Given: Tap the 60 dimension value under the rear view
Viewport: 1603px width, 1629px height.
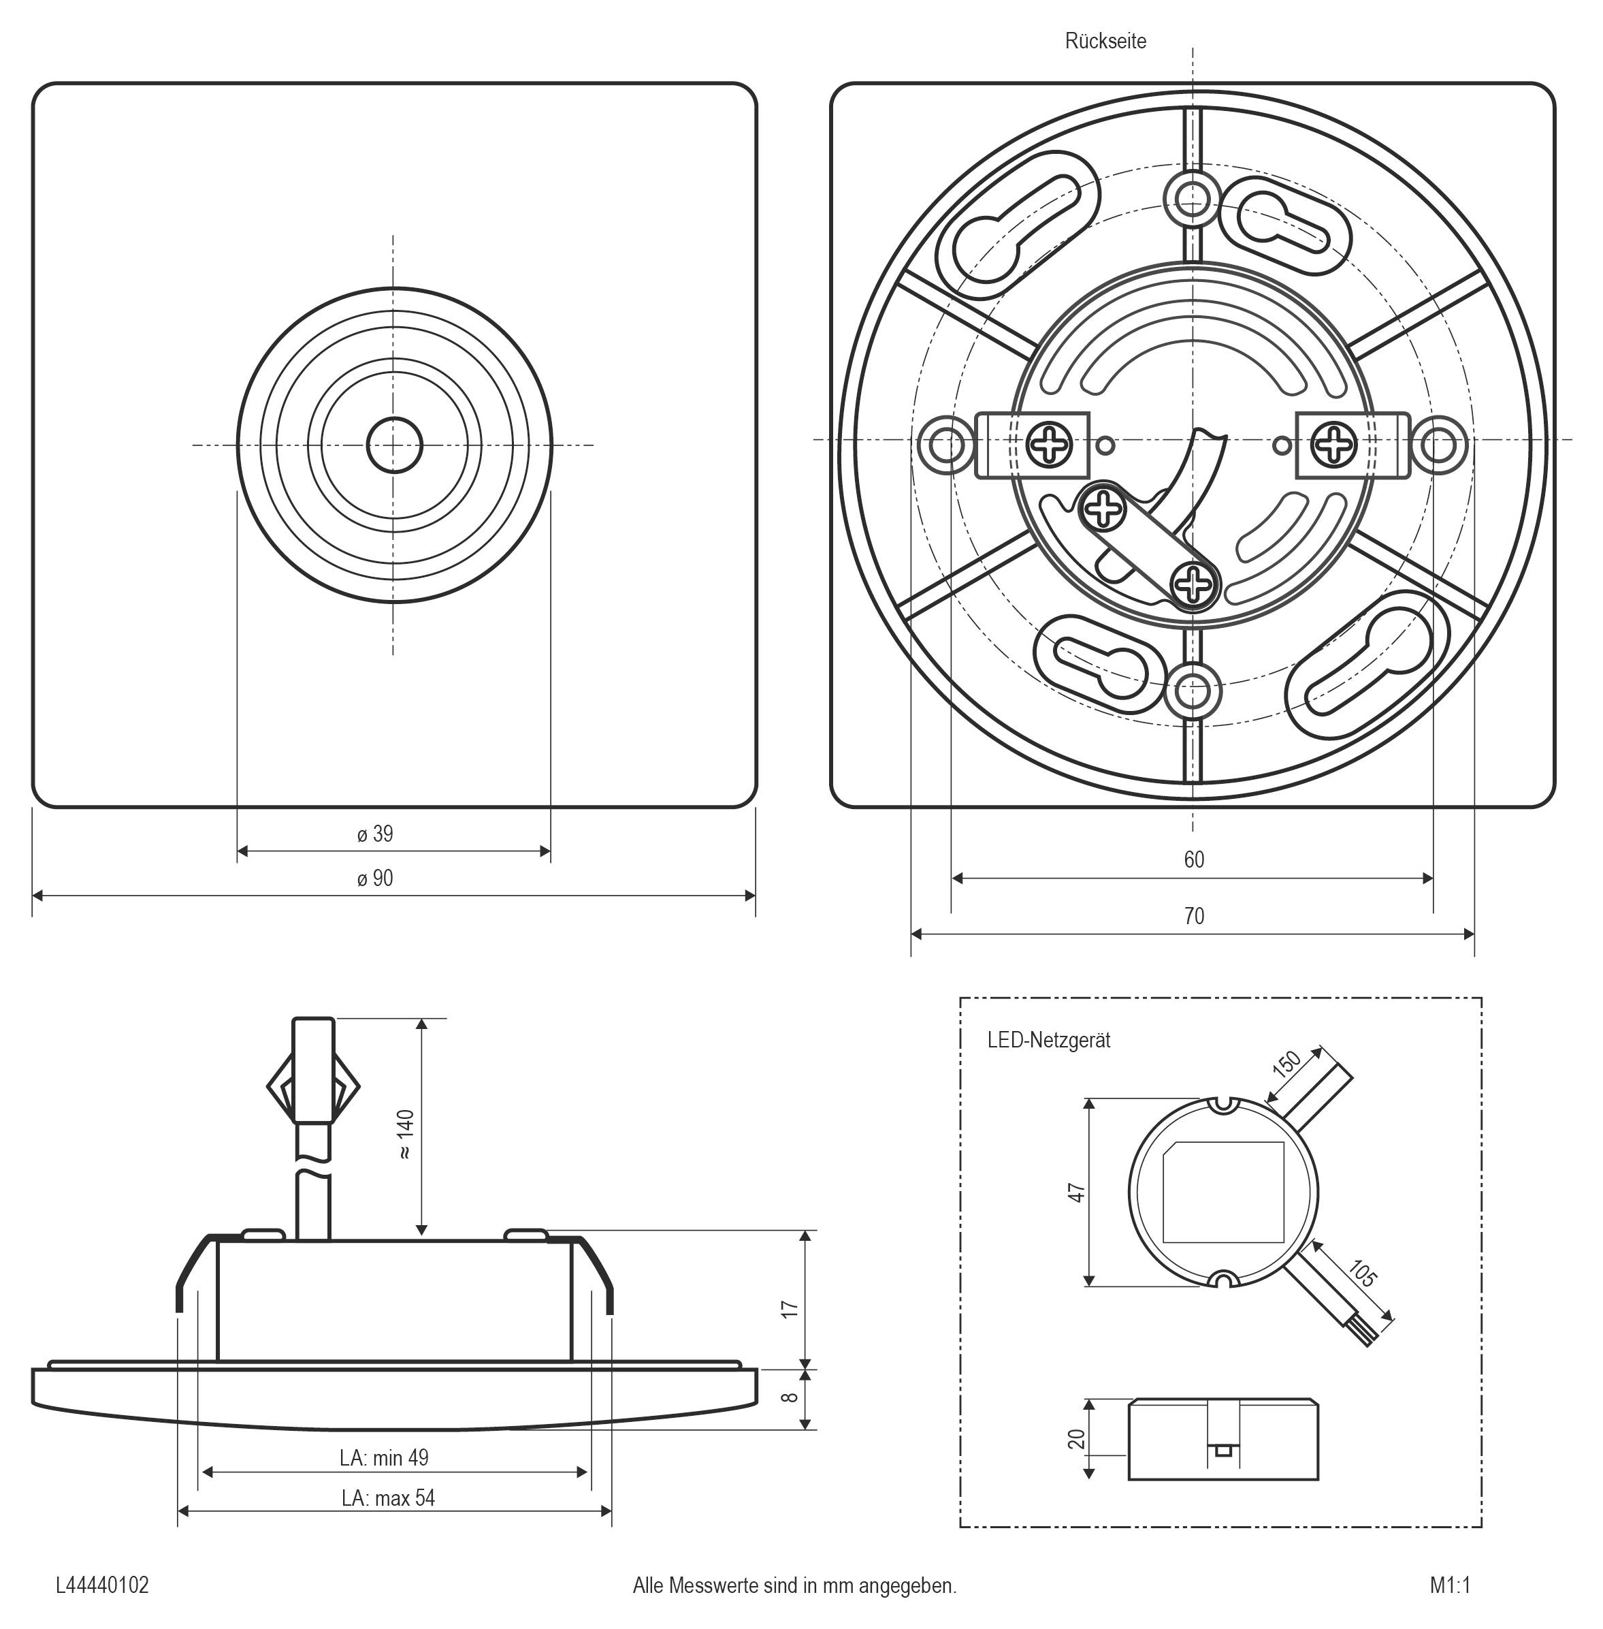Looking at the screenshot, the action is click(x=1194, y=860).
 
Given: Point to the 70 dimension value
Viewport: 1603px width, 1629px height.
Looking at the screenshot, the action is click(x=1194, y=917).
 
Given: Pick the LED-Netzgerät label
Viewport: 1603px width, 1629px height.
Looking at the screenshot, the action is click(x=1049, y=1040).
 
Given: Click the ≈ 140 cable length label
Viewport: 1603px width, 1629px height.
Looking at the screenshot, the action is click(x=405, y=1135).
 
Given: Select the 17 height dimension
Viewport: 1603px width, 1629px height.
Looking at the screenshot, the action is click(x=789, y=1309).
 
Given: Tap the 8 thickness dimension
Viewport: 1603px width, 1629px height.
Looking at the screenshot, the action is click(x=789, y=1397).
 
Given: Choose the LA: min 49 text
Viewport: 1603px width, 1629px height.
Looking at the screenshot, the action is click(x=384, y=1458).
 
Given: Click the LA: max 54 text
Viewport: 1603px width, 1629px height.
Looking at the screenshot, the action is click(x=388, y=1498).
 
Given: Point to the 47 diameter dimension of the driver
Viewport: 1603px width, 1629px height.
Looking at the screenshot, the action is click(x=1077, y=1192).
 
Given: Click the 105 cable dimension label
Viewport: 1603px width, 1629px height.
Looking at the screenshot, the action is click(x=1361, y=1273).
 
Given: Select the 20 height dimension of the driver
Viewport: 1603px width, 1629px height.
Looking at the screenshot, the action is click(x=1077, y=1438).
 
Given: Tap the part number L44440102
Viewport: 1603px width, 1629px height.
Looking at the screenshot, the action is click(x=102, y=1585).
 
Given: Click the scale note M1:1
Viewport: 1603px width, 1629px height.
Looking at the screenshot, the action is click(x=1450, y=1585).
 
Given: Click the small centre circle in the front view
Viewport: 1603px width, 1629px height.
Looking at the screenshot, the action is click(x=394, y=444).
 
